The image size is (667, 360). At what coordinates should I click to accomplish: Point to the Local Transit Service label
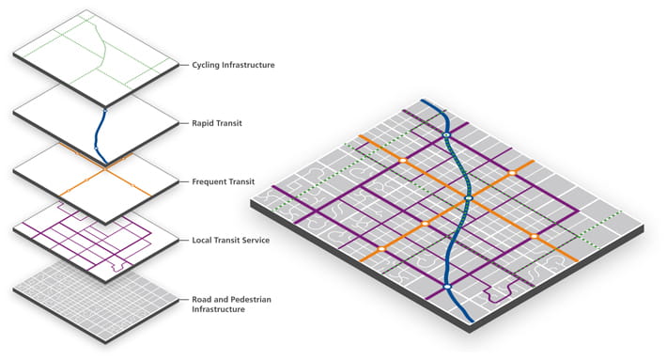point(231,241)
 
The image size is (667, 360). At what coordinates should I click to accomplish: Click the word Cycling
point(208,65)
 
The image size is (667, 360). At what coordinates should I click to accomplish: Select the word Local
point(203,241)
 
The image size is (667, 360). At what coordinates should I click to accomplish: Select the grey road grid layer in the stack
point(95,301)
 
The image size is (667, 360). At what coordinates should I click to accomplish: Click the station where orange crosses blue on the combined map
point(467,199)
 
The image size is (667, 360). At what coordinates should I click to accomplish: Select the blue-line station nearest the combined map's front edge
point(447,287)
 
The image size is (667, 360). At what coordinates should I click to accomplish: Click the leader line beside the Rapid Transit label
point(181,123)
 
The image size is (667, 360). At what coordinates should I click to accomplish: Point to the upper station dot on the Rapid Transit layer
point(105,111)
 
